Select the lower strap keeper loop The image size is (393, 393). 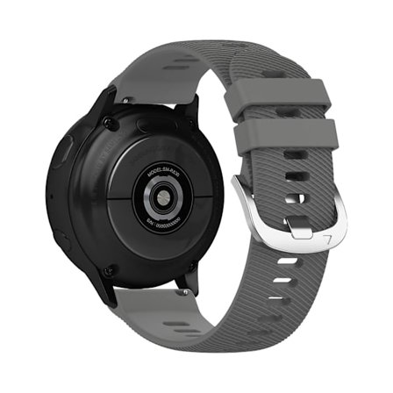coord(289,135)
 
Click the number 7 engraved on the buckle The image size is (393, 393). coord(329,236)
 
